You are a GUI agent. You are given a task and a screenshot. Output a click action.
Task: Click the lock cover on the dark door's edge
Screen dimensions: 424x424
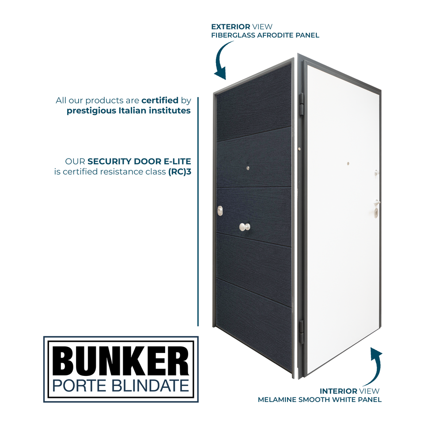pos(220,212)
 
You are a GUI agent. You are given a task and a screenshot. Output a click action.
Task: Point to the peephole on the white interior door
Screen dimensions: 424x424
pos(348,164)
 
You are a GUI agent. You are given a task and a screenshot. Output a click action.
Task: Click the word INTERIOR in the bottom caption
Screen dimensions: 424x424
pos(338,391)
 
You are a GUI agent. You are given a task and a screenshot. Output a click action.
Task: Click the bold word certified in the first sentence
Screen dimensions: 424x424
pos(160,100)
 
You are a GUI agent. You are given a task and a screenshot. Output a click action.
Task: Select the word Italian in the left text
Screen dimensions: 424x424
pos(136,110)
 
